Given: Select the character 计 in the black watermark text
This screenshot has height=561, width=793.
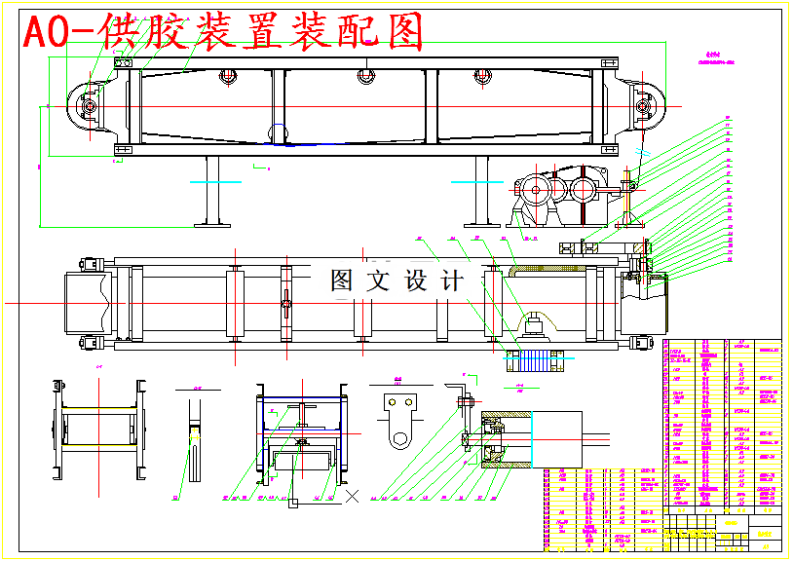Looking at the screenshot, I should click(453, 281).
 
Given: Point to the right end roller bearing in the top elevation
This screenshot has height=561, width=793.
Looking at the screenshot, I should click(644, 103).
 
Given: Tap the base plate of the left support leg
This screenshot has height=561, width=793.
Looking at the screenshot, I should click(213, 225).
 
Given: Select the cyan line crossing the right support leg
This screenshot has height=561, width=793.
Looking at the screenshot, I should click(477, 180).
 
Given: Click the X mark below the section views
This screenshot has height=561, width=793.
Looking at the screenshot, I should click(353, 496).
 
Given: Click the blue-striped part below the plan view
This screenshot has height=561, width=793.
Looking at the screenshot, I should click(532, 360).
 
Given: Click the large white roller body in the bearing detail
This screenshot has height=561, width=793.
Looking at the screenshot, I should click(557, 435).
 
